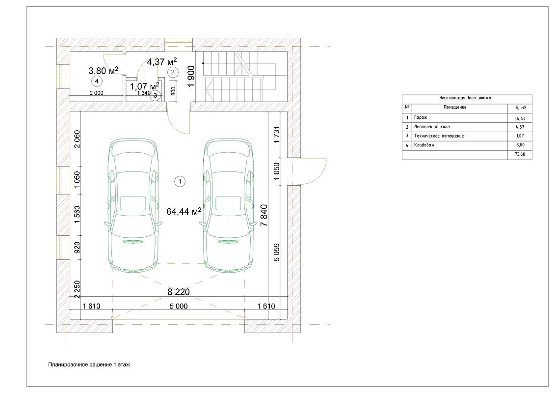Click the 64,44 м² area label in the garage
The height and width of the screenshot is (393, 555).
point(184,211)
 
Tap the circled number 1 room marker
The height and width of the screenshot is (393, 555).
point(180,181)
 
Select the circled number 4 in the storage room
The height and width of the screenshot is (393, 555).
point(97,81)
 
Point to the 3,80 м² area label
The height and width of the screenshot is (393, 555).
point(103,71)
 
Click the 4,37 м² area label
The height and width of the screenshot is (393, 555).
point(162,62)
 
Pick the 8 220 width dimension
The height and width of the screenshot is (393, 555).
point(179,292)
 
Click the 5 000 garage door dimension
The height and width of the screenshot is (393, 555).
point(179,306)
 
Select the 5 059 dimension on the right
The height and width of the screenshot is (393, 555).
point(276,253)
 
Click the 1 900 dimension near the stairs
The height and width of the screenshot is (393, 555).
point(191,76)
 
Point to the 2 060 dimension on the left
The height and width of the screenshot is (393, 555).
point(77,140)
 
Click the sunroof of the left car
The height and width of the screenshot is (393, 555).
point(133,203)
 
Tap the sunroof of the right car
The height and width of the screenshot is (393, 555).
point(229,203)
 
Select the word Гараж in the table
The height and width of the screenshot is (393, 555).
point(421,117)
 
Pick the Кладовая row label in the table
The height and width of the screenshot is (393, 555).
point(423,145)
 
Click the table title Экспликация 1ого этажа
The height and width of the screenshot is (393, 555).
point(465,98)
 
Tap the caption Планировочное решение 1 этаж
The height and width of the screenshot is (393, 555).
point(89,365)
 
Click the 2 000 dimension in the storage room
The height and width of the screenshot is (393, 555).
point(96,93)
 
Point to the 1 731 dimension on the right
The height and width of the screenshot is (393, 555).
point(276,135)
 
